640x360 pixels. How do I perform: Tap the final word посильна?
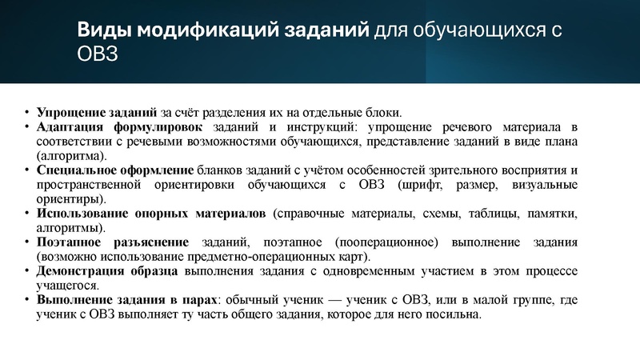454,314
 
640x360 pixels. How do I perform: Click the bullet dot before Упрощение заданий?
26,113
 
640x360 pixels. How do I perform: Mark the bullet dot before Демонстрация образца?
26,271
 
